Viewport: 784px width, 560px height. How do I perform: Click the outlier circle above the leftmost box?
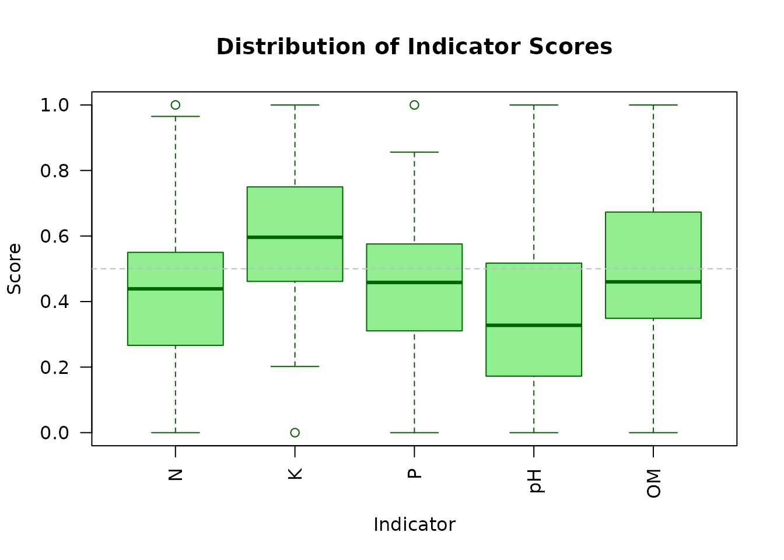(x=175, y=105)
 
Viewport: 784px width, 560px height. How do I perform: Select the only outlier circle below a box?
(x=295, y=432)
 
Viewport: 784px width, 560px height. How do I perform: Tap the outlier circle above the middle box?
(x=414, y=105)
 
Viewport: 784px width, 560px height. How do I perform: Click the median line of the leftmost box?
(x=175, y=289)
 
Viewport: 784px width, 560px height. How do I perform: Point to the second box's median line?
(x=295, y=237)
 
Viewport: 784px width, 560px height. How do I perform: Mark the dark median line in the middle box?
(x=414, y=282)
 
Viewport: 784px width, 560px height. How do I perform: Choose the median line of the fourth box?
(x=534, y=325)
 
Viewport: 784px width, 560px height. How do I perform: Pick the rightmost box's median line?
(x=653, y=282)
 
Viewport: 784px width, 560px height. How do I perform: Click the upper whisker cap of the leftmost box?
(x=175, y=117)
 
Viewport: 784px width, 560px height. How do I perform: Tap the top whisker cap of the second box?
(x=295, y=105)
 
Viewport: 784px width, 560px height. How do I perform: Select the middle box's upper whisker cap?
(x=414, y=152)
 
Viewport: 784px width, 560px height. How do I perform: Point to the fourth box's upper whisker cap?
(x=534, y=105)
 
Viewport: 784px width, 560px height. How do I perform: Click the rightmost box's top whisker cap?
(x=653, y=105)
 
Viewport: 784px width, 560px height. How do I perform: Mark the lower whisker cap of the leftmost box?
(x=175, y=432)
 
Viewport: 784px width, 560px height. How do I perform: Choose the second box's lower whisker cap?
(x=295, y=366)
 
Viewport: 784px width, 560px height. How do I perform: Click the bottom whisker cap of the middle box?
(x=414, y=432)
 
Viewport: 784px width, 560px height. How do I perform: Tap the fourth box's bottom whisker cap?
(x=534, y=432)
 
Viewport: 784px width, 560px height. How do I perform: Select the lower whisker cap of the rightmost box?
(x=653, y=432)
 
